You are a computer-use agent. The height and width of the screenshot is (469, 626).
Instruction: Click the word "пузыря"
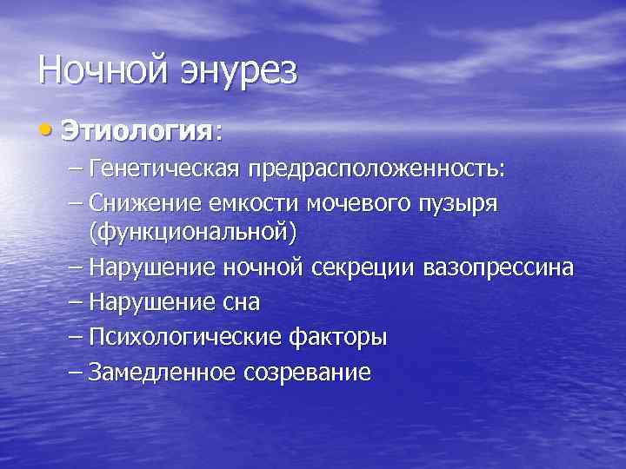point(459,202)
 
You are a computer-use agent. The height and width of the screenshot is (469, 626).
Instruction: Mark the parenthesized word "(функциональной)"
point(191,232)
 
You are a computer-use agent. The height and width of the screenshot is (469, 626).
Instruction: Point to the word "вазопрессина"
point(497,268)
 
